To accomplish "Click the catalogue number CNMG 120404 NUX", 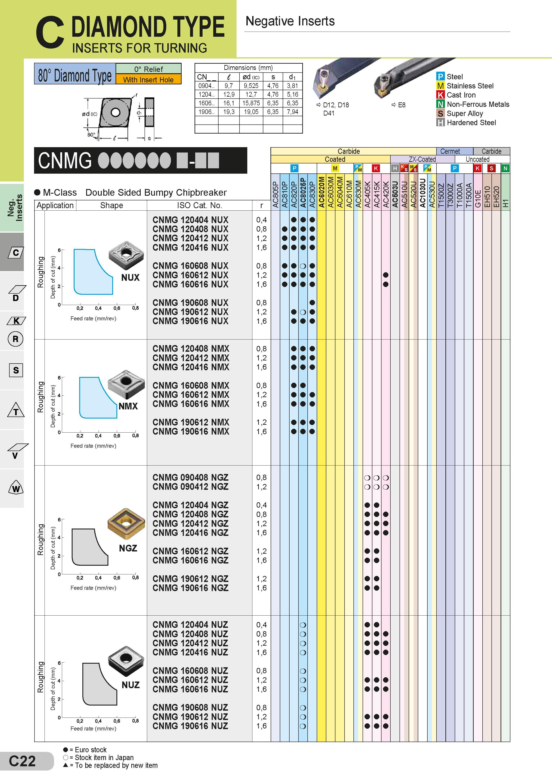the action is point(190,220).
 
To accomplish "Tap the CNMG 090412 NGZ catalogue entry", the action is point(190,486).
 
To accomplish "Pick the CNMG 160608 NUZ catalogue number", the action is point(190,670).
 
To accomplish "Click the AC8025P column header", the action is point(303,192).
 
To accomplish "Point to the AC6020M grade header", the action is point(321,192).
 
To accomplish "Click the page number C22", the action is point(22,761).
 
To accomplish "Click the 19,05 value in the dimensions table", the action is point(251,112).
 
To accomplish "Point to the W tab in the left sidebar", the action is point(16,487).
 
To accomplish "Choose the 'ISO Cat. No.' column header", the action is point(199,205).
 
